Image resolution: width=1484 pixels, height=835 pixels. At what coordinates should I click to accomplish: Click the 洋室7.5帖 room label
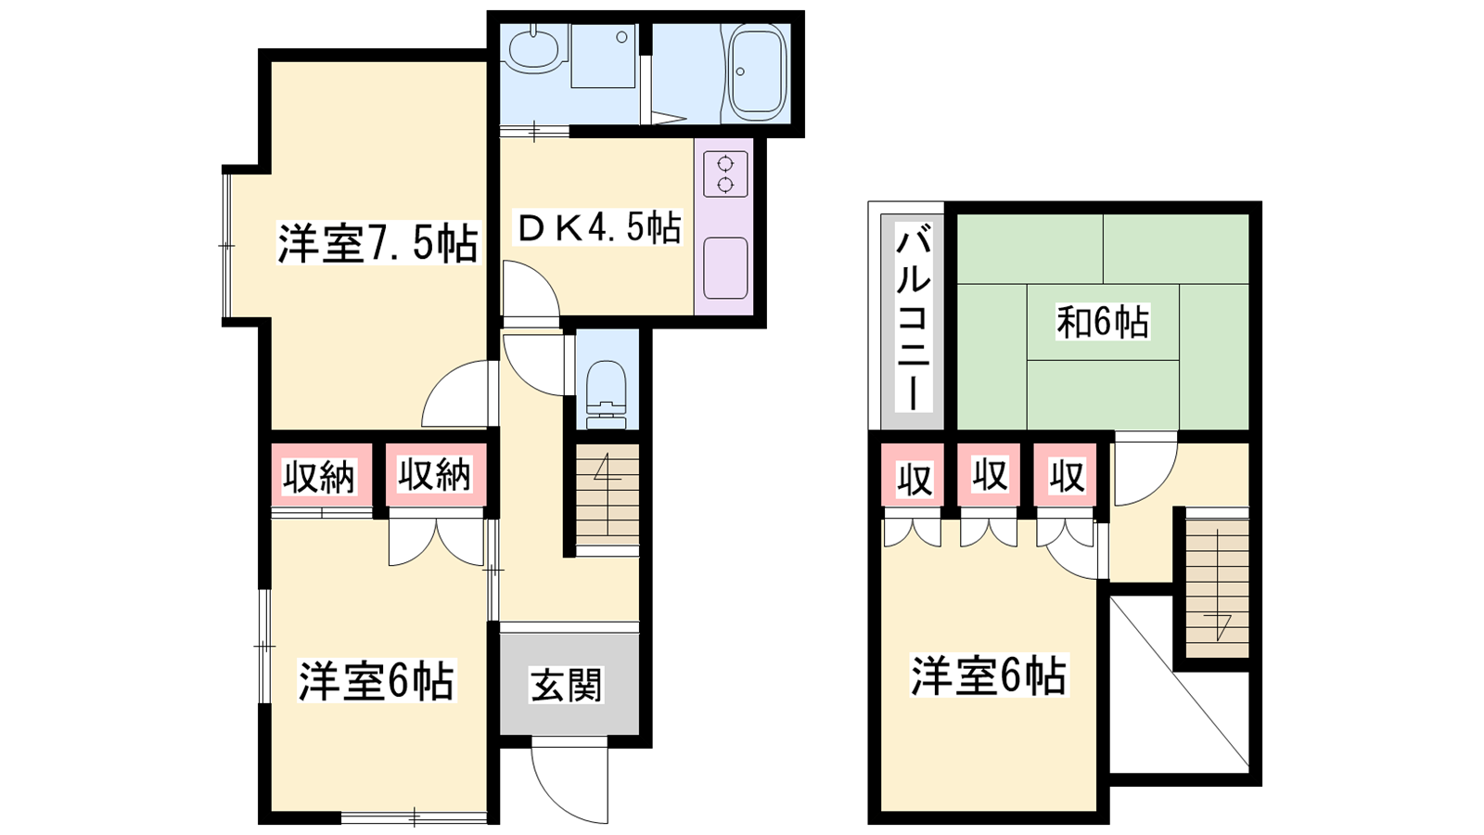click(x=377, y=245)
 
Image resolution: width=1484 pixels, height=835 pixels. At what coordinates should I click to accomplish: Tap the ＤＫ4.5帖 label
click(x=599, y=228)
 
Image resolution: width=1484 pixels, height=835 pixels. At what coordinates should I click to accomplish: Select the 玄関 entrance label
click(x=567, y=686)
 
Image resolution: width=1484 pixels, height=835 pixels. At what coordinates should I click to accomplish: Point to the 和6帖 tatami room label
click(x=1103, y=322)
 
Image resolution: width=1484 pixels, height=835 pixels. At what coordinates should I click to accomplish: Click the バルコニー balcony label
click(x=913, y=316)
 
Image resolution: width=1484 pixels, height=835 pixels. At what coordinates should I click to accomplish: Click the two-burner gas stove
click(x=725, y=173)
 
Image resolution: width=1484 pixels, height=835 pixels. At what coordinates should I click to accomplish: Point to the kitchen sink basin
click(x=725, y=268)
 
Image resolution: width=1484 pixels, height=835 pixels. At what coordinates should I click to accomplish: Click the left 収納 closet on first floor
click(x=320, y=476)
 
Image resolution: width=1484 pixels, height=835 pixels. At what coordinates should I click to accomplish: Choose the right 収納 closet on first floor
click(x=435, y=475)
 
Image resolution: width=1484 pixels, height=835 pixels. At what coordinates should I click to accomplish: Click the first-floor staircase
click(x=608, y=495)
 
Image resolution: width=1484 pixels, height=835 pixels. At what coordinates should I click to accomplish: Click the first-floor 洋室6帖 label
click(x=377, y=681)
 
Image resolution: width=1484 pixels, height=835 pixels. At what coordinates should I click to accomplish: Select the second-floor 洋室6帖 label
click(x=989, y=676)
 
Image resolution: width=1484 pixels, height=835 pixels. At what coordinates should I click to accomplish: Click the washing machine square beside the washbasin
click(x=603, y=56)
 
